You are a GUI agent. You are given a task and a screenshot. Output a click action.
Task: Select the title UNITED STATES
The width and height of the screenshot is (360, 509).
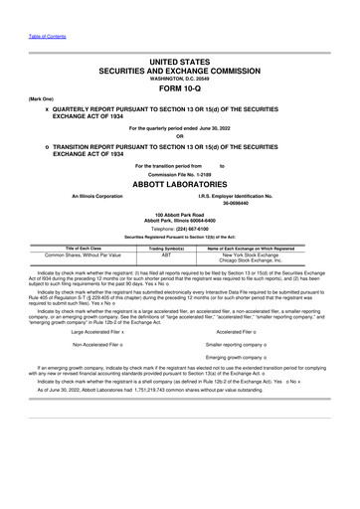point(180,62)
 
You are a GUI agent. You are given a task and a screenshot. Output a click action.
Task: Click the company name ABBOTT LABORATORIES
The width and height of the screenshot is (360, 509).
point(180,185)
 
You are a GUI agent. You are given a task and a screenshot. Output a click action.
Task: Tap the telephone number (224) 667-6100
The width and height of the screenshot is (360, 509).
point(193,228)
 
